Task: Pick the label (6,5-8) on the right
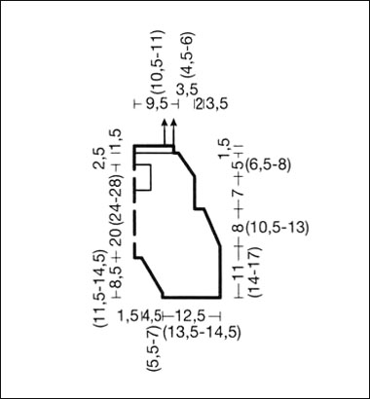point(269,163)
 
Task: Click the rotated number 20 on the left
point(115,239)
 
